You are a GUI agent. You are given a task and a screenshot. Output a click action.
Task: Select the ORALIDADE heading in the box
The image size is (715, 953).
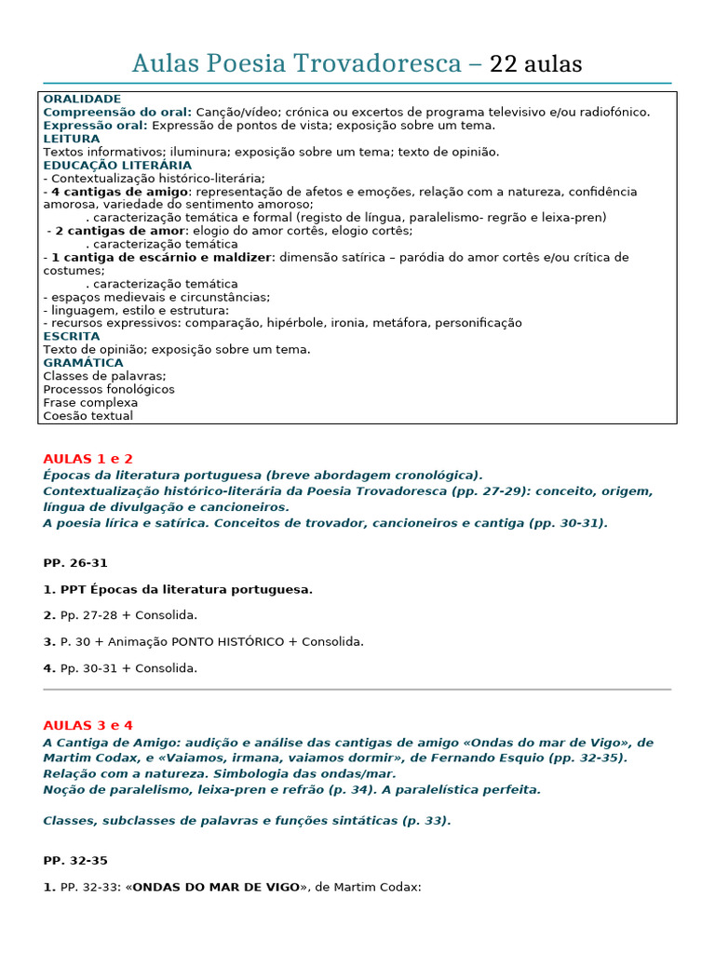pyautogui.click(x=82, y=99)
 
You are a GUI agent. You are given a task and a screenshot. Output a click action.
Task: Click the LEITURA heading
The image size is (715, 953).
pyautogui.click(x=72, y=139)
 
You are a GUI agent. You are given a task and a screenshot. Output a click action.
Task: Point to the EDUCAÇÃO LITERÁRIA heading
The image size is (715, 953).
pyautogui.click(x=117, y=166)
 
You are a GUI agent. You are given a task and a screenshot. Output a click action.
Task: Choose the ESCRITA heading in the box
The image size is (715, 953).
pyautogui.click(x=72, y=336)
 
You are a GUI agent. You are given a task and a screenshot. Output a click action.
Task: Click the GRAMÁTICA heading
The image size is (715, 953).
pyautogui.click(x=84, y=363)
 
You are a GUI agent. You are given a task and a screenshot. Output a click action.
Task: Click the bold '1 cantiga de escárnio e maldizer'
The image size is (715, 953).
pyautogui.click(x=161, y=257)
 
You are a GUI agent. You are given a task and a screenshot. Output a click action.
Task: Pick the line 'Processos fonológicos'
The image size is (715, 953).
pyautogui.click(x=109, y=389)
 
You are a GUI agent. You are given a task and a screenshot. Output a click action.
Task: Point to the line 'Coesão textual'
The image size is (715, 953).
pyautogui.click(x=88, y=416)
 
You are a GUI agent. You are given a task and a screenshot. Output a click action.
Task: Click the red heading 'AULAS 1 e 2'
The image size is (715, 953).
pyautogui.click(x=88, y=459)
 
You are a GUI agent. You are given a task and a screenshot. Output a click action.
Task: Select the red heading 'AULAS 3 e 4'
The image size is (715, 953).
pyautogui.click(x=88, y=725)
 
